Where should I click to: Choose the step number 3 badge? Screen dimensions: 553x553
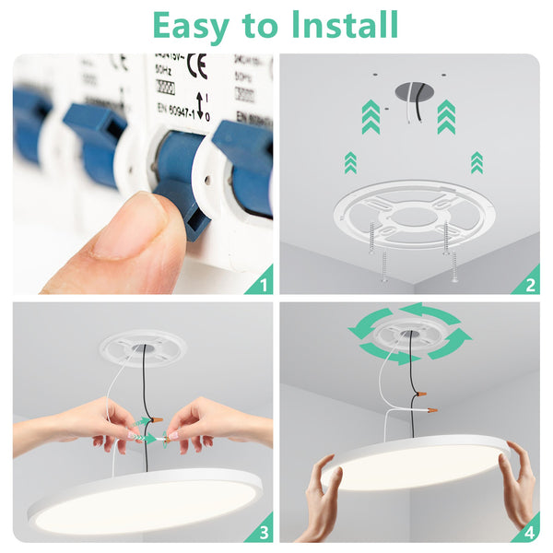pyautogui.click(x=262, y=531)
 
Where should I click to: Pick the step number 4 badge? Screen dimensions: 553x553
pyautogui.click(x=529, y=531)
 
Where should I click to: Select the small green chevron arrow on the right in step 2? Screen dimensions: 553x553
pyautogui.click(x=477, y=162)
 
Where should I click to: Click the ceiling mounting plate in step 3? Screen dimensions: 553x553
pyautogui.click(x=143, y=347)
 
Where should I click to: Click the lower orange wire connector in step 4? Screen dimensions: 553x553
pyautogui.click(x=429, y=406)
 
